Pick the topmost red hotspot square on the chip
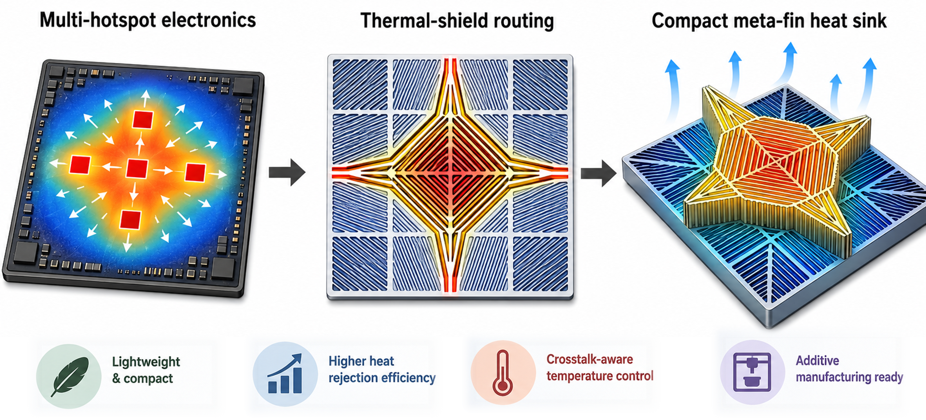[143, 120]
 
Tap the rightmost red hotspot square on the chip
[195, 172]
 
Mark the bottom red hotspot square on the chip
[130, 219]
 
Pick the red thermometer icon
[503, 373]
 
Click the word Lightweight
[146, 362]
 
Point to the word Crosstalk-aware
[589, 359]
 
